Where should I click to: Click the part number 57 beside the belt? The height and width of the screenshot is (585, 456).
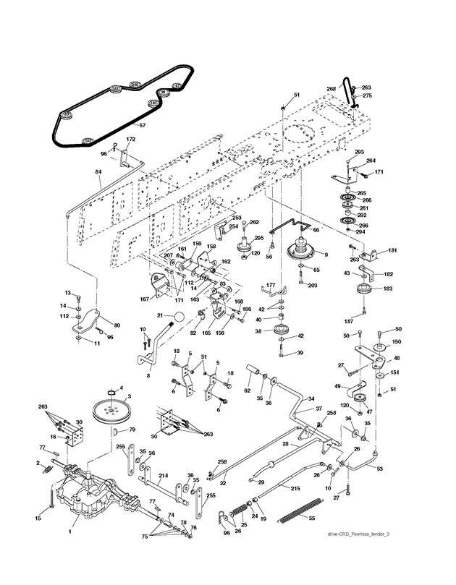(142, 126)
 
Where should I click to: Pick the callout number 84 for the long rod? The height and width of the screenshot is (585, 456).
(99, 172)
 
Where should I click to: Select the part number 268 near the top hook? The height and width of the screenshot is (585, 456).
(332, 88)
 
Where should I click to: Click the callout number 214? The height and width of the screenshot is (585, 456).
(164, 476)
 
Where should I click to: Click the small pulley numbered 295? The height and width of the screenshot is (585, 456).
(245, 244)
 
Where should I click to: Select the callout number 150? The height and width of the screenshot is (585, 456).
(396, 342)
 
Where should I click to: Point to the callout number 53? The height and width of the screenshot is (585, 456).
(381, 469)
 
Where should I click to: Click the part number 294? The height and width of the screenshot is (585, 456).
(361, 232)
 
